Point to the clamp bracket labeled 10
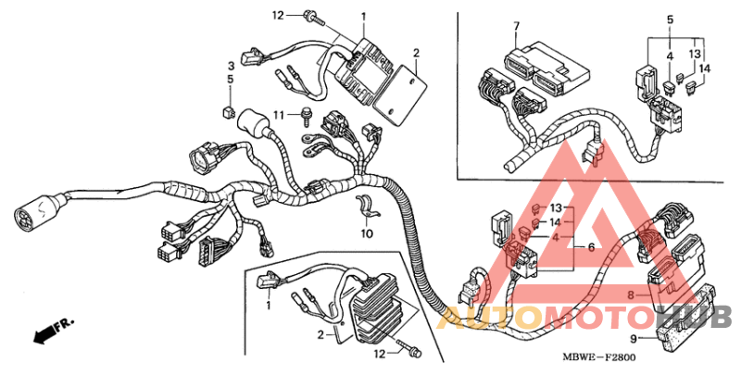pyautogui.click(x=367, y=210)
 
